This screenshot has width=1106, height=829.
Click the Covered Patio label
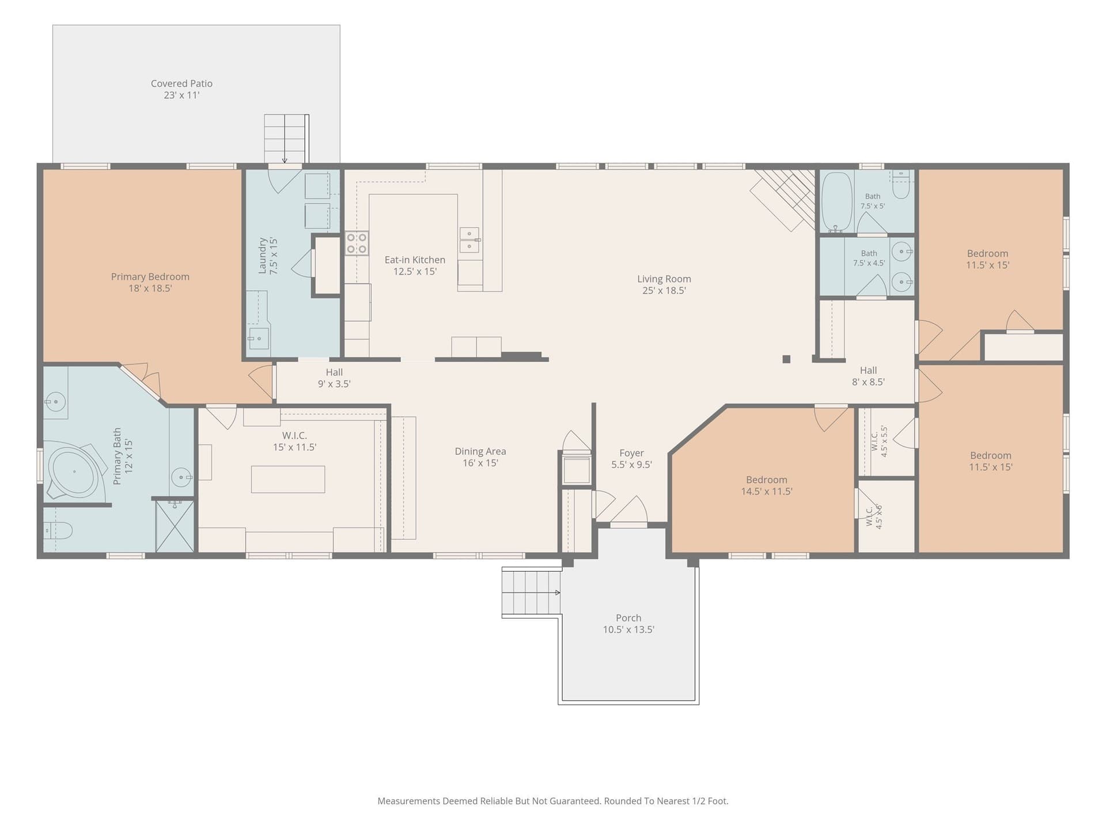[181, 89]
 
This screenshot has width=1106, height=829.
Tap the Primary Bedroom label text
[150, 282]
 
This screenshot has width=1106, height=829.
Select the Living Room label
[664, 284]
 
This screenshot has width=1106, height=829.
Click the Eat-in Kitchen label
[415, 265]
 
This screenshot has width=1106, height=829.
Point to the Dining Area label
[480, 457]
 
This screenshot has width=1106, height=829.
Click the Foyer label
[631, 459]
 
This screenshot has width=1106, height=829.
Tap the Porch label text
[628, 623]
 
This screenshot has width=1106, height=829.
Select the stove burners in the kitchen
[357, 243]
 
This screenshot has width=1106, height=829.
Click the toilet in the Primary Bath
[58, 530]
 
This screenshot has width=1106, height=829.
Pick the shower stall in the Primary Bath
[175, 526]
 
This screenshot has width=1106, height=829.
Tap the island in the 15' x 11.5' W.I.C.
[288, 479]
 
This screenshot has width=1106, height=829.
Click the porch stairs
[531, 592]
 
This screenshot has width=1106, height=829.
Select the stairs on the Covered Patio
[286, 139]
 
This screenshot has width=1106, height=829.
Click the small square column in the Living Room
[786, 359]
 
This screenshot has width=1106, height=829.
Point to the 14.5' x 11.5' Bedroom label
[767, 485]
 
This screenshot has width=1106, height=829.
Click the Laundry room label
[268, 256]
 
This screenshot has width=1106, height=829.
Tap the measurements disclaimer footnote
[553, 801]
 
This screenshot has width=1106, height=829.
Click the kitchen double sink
[470, 239]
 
